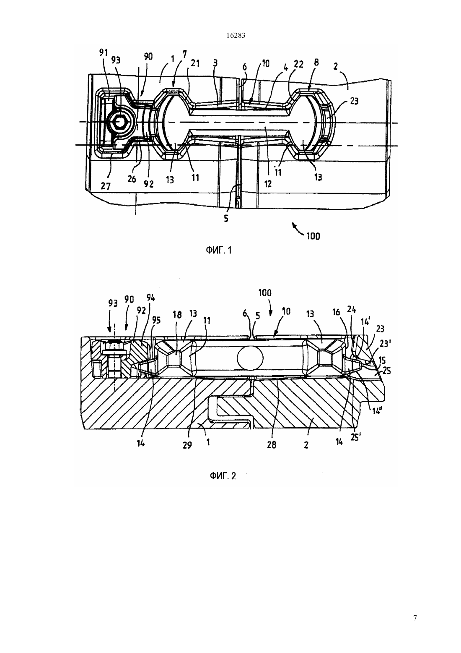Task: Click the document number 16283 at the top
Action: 236,36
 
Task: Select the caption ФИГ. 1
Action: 219,251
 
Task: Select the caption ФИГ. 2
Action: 223,476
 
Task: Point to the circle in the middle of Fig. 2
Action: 250,358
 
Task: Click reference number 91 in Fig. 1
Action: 104,52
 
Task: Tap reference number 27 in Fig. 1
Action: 106,186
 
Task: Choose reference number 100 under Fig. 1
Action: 313,236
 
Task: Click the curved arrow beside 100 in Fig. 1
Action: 298,229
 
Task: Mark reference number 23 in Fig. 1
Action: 354,101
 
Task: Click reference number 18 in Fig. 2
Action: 177,315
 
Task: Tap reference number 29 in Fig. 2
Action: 187,445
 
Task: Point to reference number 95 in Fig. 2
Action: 156,320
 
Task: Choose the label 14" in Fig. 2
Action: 377,410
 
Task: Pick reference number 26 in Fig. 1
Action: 132,179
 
